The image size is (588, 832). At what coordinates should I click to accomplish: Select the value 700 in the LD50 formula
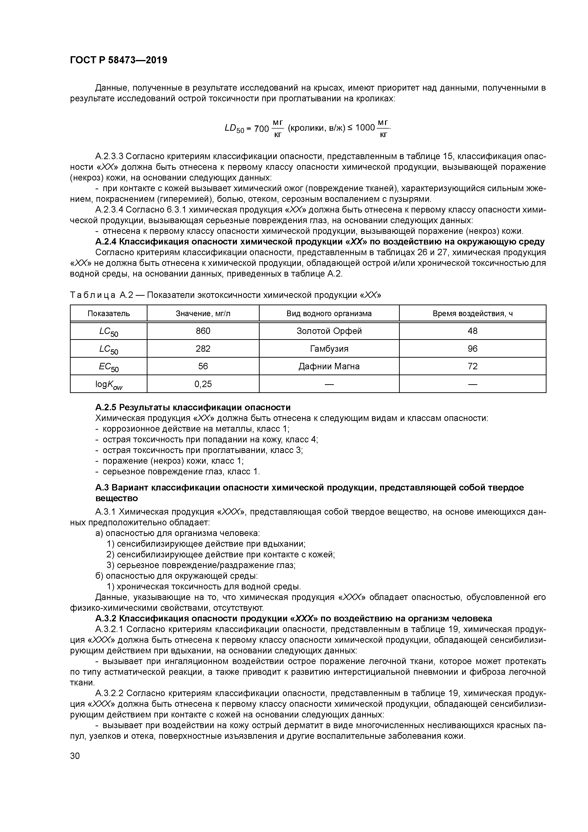261,129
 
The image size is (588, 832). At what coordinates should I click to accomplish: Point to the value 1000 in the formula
365,128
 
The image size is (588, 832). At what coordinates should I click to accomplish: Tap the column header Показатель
108,314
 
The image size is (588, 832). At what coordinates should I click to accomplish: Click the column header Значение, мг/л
203,314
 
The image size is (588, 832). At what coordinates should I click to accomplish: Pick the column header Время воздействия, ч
473,314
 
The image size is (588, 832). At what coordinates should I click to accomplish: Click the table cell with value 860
203,331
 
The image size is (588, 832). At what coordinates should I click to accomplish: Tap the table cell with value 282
203,349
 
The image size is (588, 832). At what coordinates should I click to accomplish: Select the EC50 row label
108,367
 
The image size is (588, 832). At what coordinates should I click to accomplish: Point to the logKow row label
108,384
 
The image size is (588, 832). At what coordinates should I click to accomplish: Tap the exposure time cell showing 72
473,366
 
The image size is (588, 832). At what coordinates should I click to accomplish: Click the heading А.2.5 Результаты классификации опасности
193,408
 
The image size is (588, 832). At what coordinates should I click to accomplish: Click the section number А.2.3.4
109,210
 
